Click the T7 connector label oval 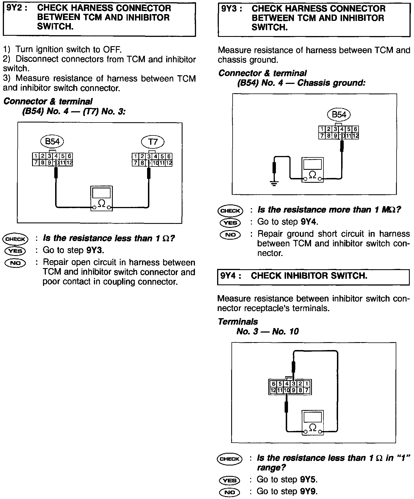(152, 142)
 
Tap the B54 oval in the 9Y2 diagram (52, 141)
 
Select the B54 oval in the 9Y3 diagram (339, 115)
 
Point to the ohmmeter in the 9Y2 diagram (102, 198)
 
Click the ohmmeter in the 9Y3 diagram (312, 170)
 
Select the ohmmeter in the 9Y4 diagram (312, 422)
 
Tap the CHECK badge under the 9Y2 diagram (15, 239)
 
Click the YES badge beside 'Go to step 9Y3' (15, 251)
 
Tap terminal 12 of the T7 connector (169, 163)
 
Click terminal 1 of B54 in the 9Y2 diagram (36, 156)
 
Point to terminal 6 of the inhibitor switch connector (273, 384)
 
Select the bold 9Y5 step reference (309, 480)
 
